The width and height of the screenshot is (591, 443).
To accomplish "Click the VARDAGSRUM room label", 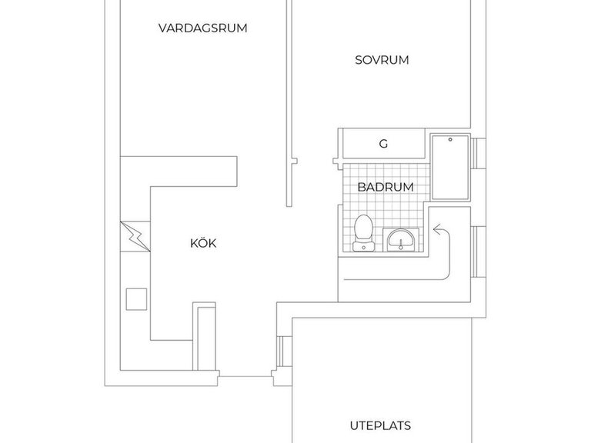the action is point(203,28).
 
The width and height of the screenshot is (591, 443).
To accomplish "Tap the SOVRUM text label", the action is point(382,60).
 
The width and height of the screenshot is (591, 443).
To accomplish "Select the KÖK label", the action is point(203,243).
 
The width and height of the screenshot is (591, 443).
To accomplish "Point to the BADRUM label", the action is point(386,187).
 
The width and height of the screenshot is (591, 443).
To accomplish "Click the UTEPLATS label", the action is point(380,425).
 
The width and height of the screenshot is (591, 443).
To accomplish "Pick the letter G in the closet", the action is point(383,144).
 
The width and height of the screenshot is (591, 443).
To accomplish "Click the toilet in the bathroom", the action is point(364,233).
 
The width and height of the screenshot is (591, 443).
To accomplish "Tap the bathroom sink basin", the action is point(401,240).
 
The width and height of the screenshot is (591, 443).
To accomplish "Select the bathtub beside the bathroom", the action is point(450,167).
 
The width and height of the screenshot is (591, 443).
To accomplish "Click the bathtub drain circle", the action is point(450,140).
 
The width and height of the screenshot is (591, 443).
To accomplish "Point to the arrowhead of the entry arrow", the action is point(436,229).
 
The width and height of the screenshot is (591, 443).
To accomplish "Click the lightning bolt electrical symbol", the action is point(135,237).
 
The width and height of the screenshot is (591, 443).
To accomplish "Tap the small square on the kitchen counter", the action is point(136,299).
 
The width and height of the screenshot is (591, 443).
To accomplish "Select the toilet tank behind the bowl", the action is point(364,247).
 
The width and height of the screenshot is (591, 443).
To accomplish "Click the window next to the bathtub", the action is point(479,153).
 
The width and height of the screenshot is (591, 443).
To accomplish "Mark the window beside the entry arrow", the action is point(479,252).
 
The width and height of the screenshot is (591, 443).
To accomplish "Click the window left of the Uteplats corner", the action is point(280,351).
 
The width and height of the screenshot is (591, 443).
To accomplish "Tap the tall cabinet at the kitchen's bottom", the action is point(204,336).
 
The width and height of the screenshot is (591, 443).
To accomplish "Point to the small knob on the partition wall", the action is point(295,162).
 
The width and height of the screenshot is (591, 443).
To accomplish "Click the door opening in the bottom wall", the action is point(245,376).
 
